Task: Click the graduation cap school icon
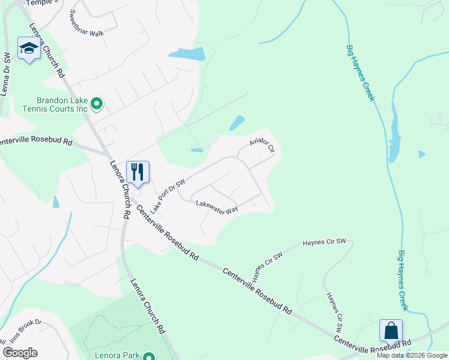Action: point(28,49)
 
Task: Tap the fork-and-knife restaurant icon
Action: point(137,172)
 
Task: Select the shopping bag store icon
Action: point(390,331)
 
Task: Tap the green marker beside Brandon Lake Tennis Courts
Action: point(97,105)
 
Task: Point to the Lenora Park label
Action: point(116,355)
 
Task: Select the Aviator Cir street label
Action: point(262,143)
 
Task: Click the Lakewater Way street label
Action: point(217,206)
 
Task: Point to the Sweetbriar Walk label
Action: point(87,23)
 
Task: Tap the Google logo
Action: point(20,353)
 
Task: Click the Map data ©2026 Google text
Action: point(412,355)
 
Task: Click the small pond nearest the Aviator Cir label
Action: point(236,122)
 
